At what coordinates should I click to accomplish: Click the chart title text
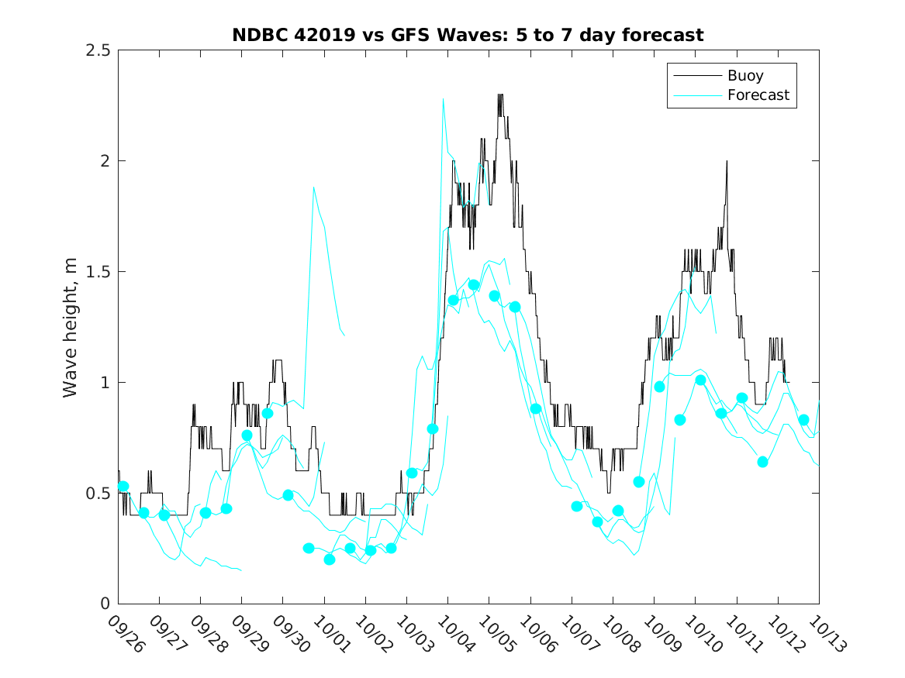468,35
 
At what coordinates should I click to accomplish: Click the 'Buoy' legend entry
744,76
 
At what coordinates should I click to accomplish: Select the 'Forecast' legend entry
758,95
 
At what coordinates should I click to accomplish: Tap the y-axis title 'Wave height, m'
71,326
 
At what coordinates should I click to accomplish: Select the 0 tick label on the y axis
105,604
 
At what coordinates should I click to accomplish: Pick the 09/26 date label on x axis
126,634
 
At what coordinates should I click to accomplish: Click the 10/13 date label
827,634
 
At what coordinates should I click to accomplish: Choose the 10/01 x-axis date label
332,634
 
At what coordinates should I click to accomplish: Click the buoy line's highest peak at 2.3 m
500,95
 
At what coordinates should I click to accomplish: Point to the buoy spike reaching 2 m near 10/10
727,161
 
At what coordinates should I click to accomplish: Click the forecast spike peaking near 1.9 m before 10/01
313,187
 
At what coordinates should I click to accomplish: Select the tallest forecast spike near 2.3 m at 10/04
443,98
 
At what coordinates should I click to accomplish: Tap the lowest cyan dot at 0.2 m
329,559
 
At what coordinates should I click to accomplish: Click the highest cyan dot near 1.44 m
473,284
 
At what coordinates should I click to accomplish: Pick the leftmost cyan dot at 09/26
123,487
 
